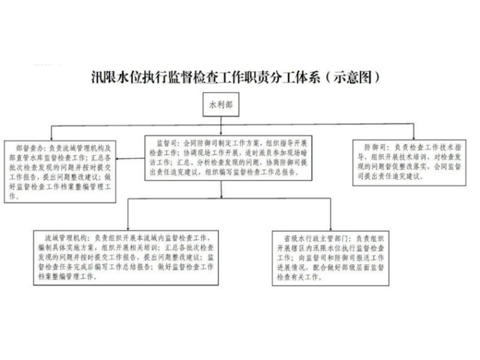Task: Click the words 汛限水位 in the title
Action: point(116,78)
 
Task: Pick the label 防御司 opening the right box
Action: point(369,147)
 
